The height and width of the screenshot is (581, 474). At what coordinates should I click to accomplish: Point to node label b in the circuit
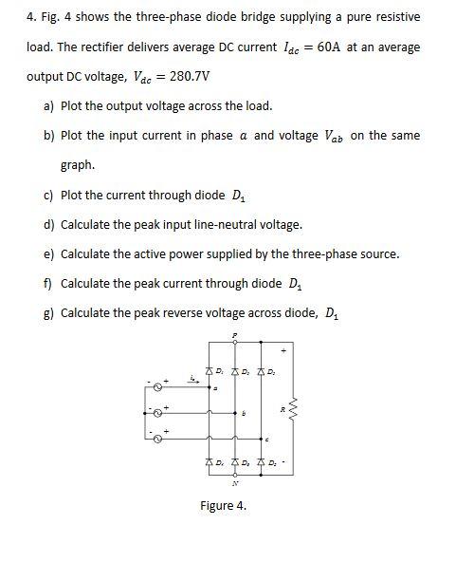(245, 414)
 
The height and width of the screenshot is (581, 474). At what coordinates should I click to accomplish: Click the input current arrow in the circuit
(196, 380)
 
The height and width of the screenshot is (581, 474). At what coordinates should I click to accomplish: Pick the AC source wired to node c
(158, 437)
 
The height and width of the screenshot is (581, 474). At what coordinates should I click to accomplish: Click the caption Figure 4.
(224, 506)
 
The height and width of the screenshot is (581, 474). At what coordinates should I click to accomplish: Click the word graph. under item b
(78, 165)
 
